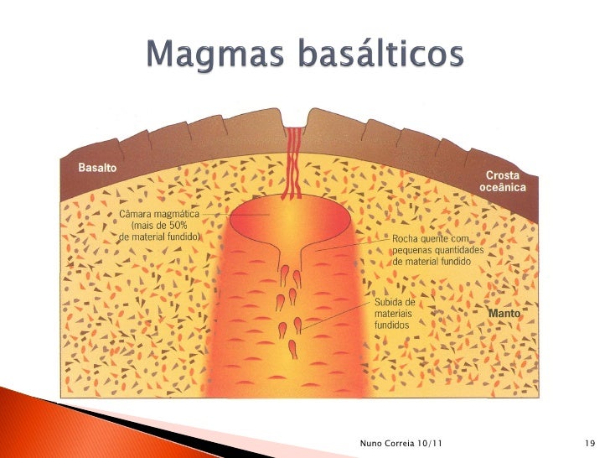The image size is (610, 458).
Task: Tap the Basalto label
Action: (98, 168)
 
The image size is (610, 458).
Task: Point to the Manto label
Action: (504, 313)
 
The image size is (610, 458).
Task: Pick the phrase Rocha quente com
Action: (430, 239)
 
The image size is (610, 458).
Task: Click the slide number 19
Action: (588, 443)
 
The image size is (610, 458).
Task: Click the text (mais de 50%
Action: (159, 226)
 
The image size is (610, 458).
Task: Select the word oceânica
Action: (503, 188)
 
